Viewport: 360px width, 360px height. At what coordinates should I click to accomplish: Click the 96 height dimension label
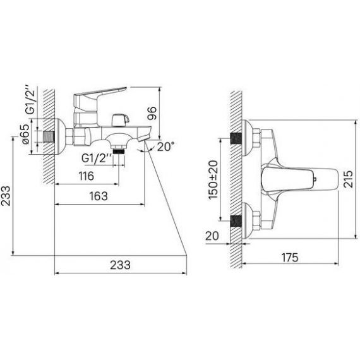[x=152, y=113]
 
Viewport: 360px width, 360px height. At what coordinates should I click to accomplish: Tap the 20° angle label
[x=165, y=147]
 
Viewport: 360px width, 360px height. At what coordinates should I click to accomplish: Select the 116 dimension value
[x=87, y=176]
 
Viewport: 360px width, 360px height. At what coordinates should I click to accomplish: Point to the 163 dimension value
[x=99, y=196]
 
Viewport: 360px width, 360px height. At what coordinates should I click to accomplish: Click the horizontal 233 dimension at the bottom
[x=120, y=265]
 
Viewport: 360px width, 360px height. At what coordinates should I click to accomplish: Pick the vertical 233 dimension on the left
[x=6, y=196]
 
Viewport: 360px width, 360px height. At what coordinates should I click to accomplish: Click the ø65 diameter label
[x=25, y=134]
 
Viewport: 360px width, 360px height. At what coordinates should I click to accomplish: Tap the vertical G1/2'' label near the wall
[x=30, y=99]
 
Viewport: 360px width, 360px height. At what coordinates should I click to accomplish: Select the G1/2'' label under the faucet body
[x=97, y=158]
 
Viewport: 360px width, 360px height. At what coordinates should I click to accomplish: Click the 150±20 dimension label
[x=213, y=180]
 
